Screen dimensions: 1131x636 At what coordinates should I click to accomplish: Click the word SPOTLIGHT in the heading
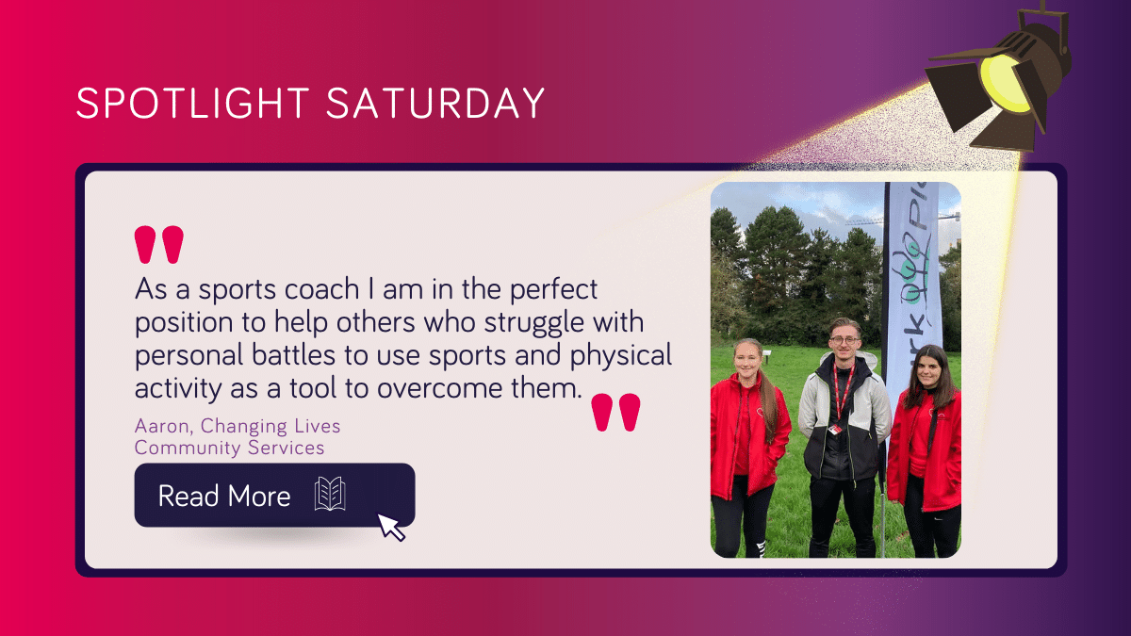(x=192, y=104)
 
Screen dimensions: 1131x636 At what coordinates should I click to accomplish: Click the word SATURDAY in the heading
(x=435, y=104)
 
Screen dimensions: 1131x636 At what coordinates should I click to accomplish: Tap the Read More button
(x=274, y=496)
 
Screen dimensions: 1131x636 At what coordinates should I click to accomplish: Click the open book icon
(x=330, y=494)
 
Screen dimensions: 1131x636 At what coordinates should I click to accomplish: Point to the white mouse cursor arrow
(x=391, y=528)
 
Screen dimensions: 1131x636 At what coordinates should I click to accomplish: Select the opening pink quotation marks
(x=159, y=245)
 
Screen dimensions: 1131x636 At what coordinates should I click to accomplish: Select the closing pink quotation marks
(x=615, y=413)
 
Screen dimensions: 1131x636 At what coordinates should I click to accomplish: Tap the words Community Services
(x=229, y=448)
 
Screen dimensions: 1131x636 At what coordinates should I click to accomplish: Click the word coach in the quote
(x=321, y=289)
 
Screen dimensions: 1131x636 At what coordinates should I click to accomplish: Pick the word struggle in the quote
(x=533, y=323)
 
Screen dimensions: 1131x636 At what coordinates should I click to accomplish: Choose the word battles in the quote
(x=293, y=355)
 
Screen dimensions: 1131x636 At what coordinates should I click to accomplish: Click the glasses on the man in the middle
(x=844, y=340)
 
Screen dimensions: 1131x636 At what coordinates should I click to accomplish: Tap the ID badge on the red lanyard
(x=835, y=429)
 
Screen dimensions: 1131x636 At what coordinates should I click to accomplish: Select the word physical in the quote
(x=620, y=356)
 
